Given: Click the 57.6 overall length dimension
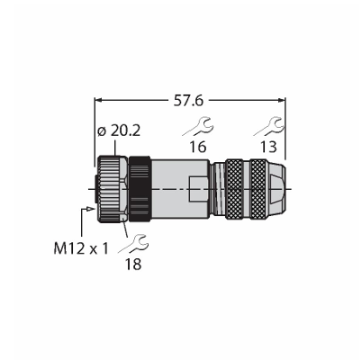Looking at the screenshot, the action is (188, 101).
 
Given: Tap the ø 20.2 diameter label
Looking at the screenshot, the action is (119, 131).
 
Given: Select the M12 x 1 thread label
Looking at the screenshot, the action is (81, 248).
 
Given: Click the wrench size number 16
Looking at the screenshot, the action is (198, 147).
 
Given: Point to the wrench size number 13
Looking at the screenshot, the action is (268, 147).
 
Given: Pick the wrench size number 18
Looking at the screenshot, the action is (133, 265).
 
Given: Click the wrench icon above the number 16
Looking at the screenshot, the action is (198, 127).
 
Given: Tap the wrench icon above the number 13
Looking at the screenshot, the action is (268, 127).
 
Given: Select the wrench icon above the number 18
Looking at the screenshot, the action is (133, 245).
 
